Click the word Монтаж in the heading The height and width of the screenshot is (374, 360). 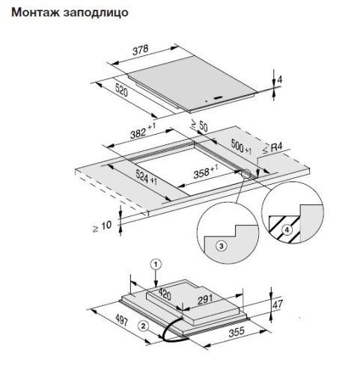[x=35, y=12]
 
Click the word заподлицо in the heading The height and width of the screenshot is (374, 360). [x=96, y=13]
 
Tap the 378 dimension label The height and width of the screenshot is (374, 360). [x=141, y=50]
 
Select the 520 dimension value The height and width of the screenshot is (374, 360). [x=121, y=90]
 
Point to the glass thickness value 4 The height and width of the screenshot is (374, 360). [x=280, y=80]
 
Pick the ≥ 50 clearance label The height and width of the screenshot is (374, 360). [x=199, y=125]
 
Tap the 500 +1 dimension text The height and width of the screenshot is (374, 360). [x=241, y=147]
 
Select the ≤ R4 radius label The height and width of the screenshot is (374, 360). [x=272, y=147]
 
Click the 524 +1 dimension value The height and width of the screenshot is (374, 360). [x=147, y=177]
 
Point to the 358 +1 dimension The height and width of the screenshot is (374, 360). [x=206, y=171]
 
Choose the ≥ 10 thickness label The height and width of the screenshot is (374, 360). [x=103, y=227]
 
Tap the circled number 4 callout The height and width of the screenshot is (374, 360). [x=287, y=230]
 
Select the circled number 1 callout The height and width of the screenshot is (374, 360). [x=156, y=264]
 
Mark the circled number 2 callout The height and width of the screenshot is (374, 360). [x=143, y=326]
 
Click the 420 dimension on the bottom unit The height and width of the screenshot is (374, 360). [x=165, y=294]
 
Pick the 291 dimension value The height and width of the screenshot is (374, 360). [x=205, y=299]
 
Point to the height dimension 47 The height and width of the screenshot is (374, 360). [x=278, y=304]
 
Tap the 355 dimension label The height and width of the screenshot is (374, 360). [x=237, y=332]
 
